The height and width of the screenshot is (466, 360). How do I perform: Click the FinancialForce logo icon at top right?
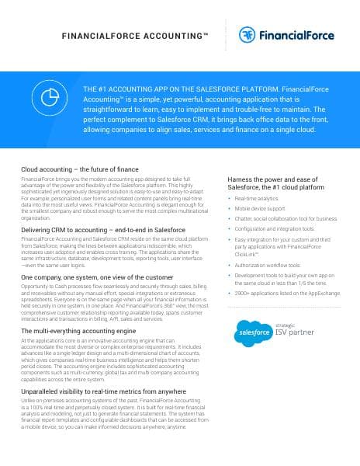point(249,35)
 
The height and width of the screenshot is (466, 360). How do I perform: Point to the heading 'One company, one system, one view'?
point(96,276)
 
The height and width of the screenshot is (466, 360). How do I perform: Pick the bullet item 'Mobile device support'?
point(260,209)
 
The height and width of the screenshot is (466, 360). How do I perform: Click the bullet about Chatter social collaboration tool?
point(286,219)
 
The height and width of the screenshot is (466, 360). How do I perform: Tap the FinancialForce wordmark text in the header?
point(301,36)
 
